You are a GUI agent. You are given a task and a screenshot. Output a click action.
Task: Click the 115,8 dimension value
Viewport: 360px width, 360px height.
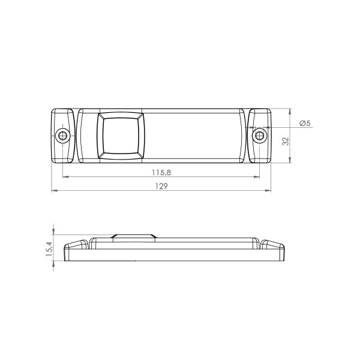161,172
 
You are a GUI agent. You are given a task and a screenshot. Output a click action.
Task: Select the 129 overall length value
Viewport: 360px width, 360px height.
161,186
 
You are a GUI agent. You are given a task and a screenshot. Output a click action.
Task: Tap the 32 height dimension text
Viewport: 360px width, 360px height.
286,141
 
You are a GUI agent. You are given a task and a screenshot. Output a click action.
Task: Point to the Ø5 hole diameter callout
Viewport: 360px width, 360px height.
305,123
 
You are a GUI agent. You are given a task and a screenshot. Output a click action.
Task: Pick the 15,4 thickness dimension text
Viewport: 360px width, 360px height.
49,249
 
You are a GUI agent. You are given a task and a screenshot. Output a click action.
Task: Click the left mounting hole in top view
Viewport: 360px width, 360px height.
63,136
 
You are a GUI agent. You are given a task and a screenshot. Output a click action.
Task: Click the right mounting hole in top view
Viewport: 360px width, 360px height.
259,136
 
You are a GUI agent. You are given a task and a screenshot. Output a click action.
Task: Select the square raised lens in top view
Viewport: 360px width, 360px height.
121,136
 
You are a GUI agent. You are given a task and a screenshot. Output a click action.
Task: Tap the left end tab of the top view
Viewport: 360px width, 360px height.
63,136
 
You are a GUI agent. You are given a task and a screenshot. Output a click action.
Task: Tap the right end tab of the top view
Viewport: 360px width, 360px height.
259,136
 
